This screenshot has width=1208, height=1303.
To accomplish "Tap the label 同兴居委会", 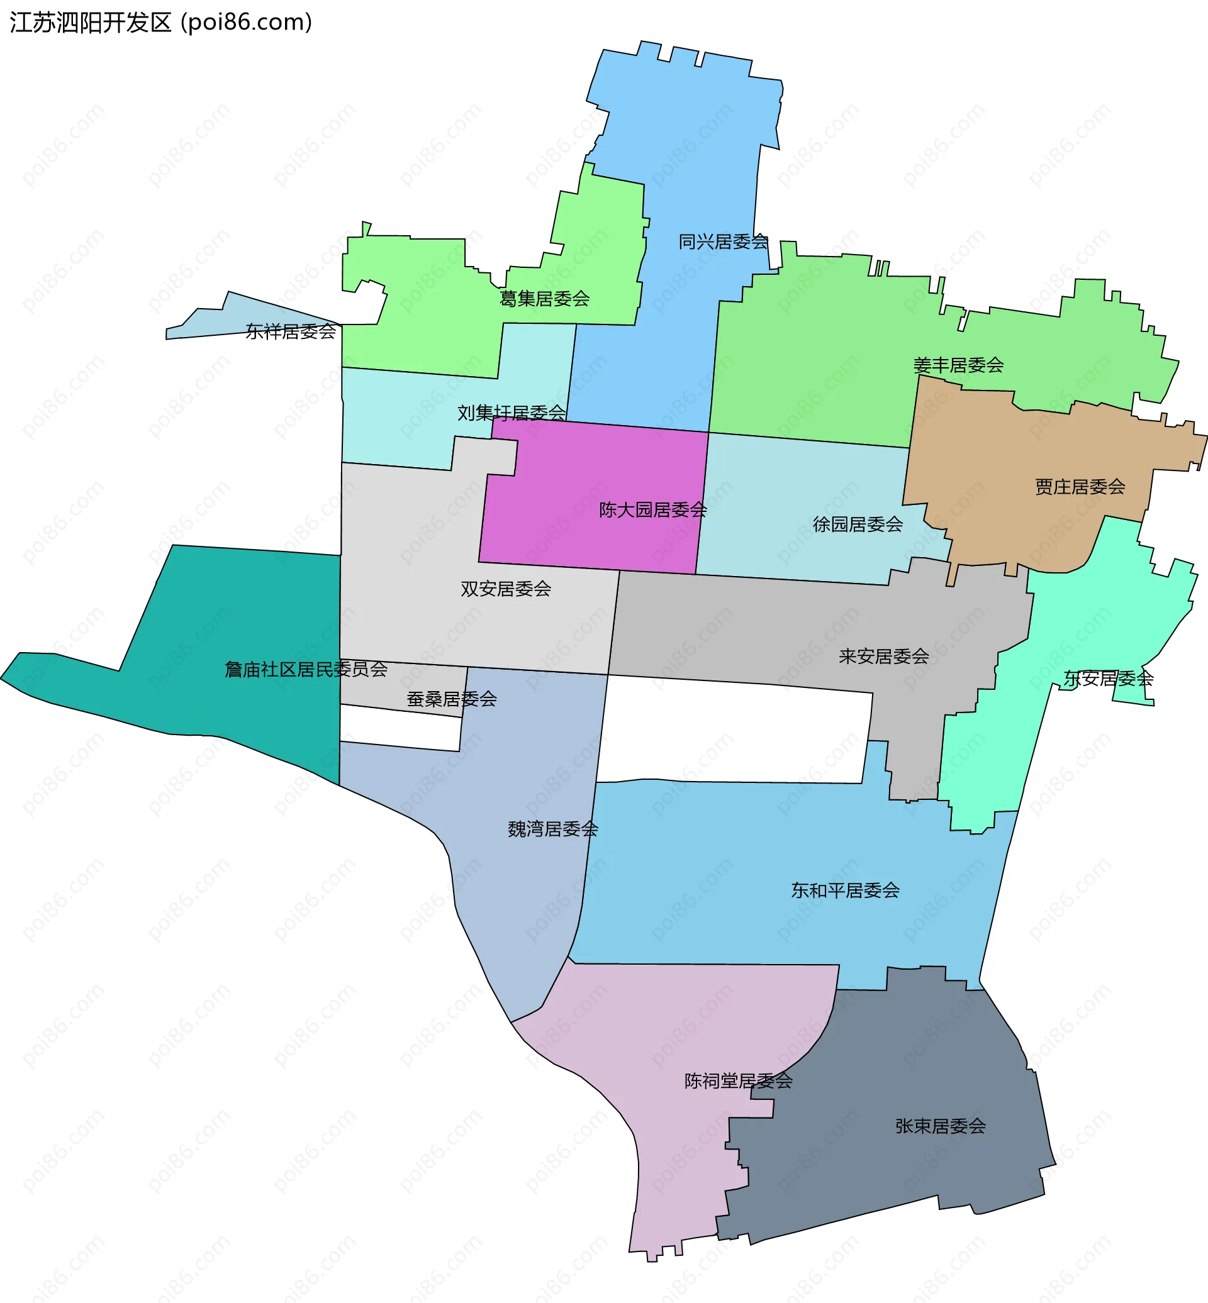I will click(723, 241).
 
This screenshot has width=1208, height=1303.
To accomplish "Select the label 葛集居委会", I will click(544, 299).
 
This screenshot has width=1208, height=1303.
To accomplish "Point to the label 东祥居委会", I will click(291, 331).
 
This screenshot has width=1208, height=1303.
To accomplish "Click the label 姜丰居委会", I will click(958, 365).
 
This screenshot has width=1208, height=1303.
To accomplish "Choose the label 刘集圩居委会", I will click(511, 413).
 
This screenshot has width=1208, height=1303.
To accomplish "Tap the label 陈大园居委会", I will click(653, 510).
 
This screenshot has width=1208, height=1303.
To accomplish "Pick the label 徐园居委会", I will click(858, 524).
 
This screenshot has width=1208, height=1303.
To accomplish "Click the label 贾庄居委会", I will click(1080, 487).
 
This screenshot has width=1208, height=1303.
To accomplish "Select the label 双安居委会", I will click(506, 589).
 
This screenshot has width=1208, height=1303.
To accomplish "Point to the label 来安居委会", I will click(884, 656).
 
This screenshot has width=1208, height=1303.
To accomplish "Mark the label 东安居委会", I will click(1108, 679).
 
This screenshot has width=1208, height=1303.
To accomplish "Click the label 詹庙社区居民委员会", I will click(306, 669).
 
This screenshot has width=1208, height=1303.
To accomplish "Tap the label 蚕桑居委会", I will click(452, 699).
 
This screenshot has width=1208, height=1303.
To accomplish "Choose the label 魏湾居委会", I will click(553, 829).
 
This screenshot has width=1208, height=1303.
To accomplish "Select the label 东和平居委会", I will click(845, 890).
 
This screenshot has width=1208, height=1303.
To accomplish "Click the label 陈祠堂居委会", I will click(739, 1081).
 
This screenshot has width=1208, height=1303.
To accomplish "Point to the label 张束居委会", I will click(941, 1126).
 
